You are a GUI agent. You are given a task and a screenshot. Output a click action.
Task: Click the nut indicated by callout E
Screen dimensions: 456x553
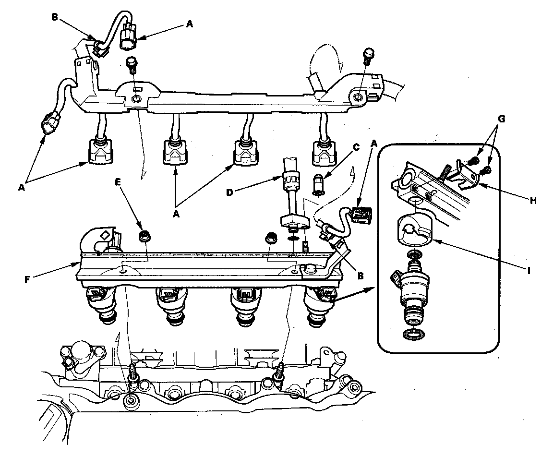[x=143, y=236]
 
